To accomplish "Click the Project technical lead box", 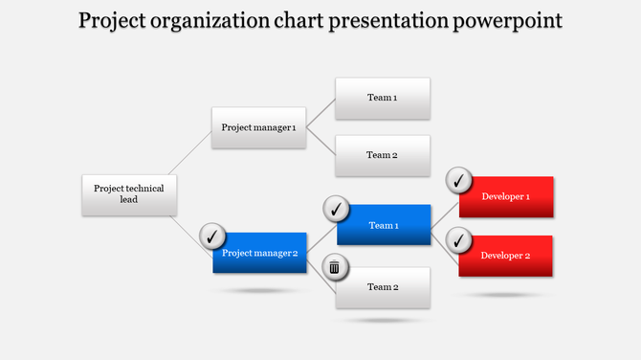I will (129, 194).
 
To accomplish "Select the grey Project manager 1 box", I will (258, 128).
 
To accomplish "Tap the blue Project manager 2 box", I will (260, 254).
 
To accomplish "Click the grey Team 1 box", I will (382, 99).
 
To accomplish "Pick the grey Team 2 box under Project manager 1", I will (382, 155).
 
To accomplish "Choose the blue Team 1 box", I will (383, 226).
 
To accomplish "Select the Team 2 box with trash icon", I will (383, 287).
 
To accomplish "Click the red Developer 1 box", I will (506, 197).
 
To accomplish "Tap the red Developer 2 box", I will (506, 256).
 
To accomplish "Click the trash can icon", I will (334, 267).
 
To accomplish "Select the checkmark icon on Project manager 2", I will (211, 235).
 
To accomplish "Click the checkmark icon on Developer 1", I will (459, 179).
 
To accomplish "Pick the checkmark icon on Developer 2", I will (459, 238).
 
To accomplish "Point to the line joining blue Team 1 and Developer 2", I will (445, 241).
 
